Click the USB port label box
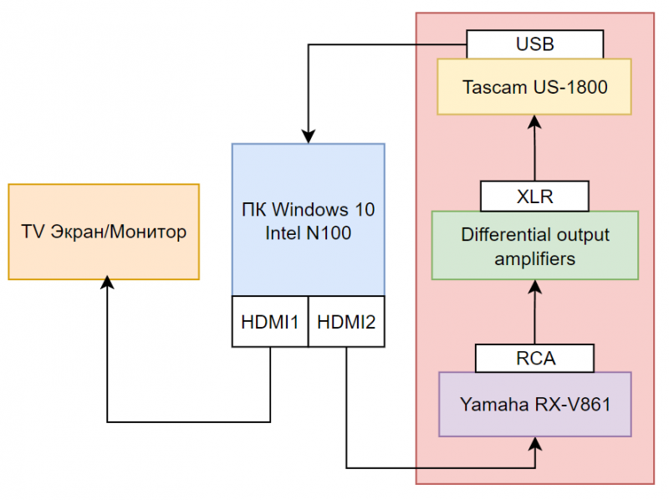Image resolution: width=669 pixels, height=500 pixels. (x=535, y=43)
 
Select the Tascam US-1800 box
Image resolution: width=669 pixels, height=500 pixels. (x=535, y=86)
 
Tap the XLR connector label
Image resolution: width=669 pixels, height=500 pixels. (x=535, y=196)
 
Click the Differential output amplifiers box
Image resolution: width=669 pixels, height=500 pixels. (x=535, y=245)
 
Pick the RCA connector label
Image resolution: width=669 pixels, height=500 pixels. (x=535, y=358)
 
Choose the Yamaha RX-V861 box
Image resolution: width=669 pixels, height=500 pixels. (x=535, y=404)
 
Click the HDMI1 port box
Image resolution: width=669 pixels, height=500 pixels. (x=270, y=320)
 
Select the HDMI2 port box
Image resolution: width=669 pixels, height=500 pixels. (x=347, y=320)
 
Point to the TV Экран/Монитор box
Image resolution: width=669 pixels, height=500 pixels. (x=104, y=232)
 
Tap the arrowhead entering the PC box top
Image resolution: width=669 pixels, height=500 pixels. (x=309, y=136)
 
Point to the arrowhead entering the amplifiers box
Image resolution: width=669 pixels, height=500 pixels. (x=535, y=287)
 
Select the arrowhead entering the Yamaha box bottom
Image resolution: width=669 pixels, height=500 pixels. (x=535, y=444)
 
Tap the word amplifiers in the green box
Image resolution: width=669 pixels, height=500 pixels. (x=535, y=258)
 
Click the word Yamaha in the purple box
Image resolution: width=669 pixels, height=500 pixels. (x=490, y=404)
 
